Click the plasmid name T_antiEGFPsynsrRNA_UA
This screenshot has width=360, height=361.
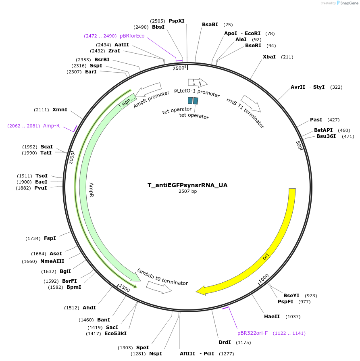[x=187, y=185]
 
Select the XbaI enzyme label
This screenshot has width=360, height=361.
[x=269, y=57]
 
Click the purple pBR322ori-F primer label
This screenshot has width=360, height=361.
[x=252, y=333]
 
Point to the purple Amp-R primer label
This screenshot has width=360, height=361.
[x=51, y=126]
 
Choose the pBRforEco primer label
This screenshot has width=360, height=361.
[x=132, y=36]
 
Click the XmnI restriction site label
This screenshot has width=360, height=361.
[x=60, y=110]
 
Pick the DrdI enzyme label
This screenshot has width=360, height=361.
[x=225, y=342]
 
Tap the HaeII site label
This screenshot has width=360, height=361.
[x=272, y=317]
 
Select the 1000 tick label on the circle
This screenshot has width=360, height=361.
[x=263, y=278]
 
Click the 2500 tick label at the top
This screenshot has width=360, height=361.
[x=178, y=68]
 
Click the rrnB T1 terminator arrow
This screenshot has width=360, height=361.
[x=250, y=104]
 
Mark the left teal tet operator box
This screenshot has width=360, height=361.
[x=190, y=100]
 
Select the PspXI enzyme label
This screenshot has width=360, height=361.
[x=177, y=21]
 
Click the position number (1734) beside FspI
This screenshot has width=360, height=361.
[x=33, y=238]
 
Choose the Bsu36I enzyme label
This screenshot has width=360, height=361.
[x=326, y=136]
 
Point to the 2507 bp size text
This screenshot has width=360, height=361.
[x=187, y=191]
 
